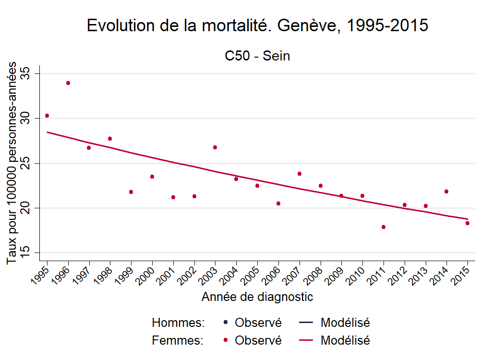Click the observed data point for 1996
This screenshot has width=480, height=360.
(x=68, y=83)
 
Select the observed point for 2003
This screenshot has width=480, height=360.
(x=215, y=147)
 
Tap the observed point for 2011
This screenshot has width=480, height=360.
(x=384, y=227)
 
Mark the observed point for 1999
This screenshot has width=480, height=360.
(x=131, y=192)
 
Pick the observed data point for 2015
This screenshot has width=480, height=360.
(x=468, y=223)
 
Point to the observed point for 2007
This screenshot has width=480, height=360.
(x=300, y=174)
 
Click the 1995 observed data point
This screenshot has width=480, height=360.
(x=47, y=116)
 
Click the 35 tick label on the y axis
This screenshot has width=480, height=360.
(x=25, y=73)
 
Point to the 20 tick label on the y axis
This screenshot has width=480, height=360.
(x=25, y=208)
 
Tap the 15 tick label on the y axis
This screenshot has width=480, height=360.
(x=25, y=252)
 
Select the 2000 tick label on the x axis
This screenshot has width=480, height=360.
(x=147, y=276)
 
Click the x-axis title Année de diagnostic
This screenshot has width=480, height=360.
(x=257, y=297)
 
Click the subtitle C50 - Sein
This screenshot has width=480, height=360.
(x=257, y=56)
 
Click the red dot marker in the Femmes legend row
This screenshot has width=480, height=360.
(x=226, y=340)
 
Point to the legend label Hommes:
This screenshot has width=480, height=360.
(x=178, y=323)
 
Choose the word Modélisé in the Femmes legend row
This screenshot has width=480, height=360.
(x=345, y=340)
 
